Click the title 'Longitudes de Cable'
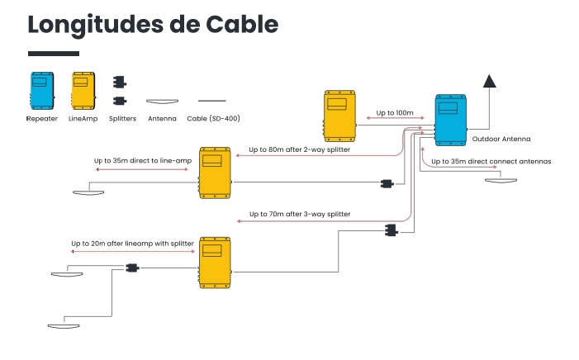pos(153,24)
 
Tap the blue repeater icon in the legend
pos(40,90)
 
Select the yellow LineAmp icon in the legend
pos(83,90)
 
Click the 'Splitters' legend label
pos(123,118)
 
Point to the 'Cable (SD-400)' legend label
pos(213,118)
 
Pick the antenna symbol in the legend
pos(162,101)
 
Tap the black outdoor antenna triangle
pos(490,81)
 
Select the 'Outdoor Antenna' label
pos(501,139)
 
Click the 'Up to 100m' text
pos(394,111)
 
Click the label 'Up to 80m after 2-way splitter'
pos(299,150)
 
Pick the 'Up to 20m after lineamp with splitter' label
pos(132,244)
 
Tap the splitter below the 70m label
pos(390,230)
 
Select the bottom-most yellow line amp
pos(215,261)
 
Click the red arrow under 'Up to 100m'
pos(394,121)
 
